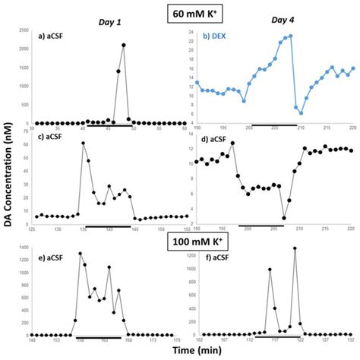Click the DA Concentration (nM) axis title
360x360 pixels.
coord(7,182)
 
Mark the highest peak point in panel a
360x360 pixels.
coord(124,46)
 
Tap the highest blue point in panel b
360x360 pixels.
coord(291,36)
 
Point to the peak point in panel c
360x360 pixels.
coord(83,144)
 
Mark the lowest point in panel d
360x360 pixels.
coord(284,219)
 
